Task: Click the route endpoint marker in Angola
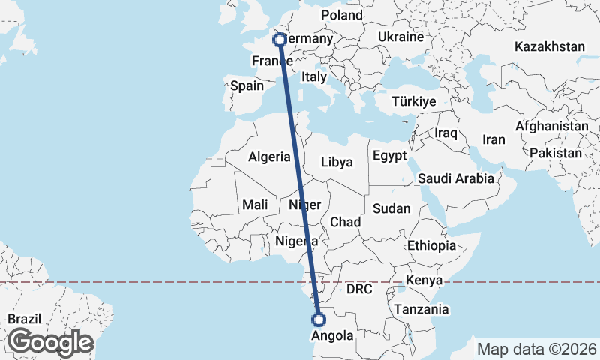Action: click(319, 319)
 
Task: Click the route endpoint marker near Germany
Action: click(279, 39)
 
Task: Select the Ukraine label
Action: click(400, 37)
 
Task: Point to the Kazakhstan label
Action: click(549, 46)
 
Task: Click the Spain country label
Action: click(247, 85)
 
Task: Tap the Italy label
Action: click(314, 76)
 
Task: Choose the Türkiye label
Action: click(414, 101)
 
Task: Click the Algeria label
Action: click(269, 157)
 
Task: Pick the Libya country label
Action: click(336, 162)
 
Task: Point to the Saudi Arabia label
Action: click(456, 178)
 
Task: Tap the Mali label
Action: click(255, 205)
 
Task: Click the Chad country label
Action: click(345, 222)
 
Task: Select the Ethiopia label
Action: click(431, 245)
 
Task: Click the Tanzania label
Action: click(424, 309)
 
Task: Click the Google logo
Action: click(50, 342)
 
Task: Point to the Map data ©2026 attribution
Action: click(536, 349)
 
